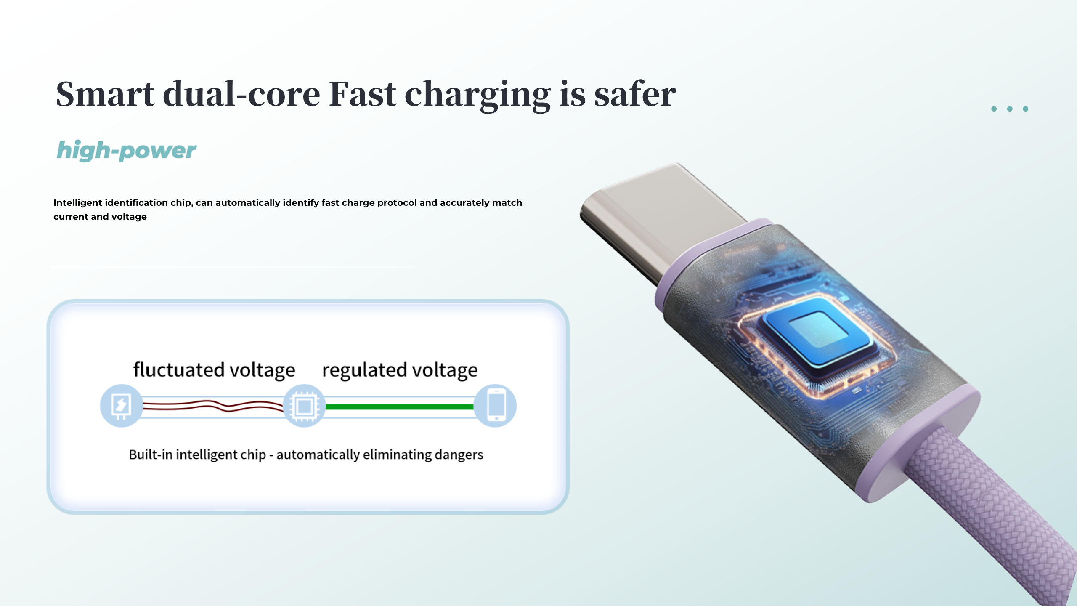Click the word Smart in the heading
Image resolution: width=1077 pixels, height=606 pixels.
point(105,94)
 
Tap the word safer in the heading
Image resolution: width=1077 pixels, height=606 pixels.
point(635,94)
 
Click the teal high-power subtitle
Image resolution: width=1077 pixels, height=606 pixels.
point(126,151)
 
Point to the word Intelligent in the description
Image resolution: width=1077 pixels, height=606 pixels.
point(77,203)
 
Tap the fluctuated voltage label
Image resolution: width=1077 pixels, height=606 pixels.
point(214,370)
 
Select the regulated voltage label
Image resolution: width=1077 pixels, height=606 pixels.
point(400,370)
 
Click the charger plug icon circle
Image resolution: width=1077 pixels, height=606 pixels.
point(121,406)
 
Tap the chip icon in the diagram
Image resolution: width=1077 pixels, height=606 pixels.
point(304,406)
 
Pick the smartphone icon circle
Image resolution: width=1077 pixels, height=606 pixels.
point(496,406)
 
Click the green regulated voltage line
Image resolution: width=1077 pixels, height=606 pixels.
point(400,407)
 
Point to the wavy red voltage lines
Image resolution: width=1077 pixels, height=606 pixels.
point(212,406)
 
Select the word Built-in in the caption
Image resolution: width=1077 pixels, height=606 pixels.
point(151,454)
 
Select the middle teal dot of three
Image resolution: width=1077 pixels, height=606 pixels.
point(1010,109)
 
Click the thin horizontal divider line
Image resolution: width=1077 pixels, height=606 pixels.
point(231,266)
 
